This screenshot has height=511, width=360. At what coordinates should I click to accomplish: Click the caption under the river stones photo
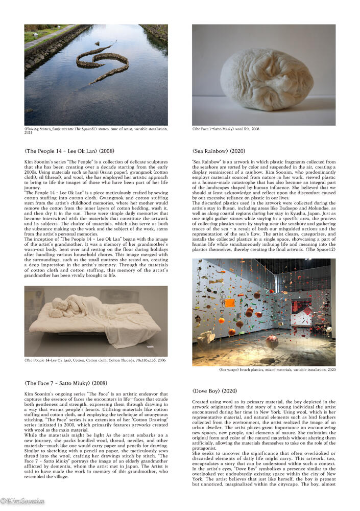(x=96, y=131)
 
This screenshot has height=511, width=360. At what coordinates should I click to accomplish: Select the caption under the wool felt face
(x=226, y=129)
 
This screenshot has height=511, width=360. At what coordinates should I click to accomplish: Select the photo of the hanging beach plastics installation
(x=263, y=312)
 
